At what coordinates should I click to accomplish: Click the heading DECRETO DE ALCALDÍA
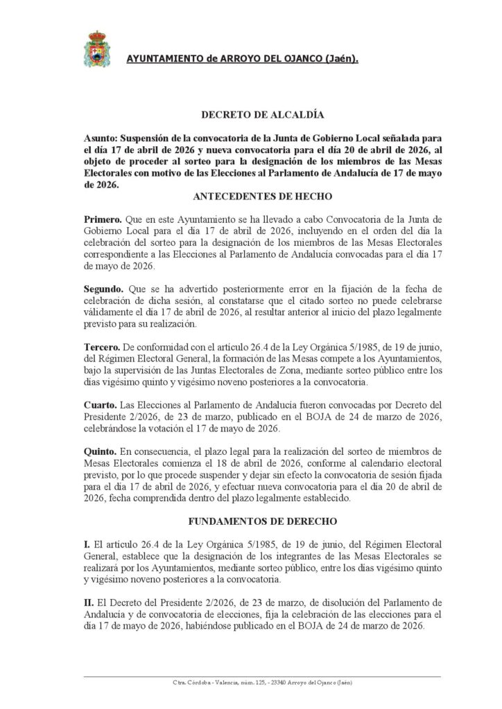pos(250,114)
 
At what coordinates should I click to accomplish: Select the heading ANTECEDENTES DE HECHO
pos(250,197)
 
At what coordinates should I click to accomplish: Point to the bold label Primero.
pos(103,220)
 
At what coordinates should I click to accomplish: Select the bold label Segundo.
pos(105,288)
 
